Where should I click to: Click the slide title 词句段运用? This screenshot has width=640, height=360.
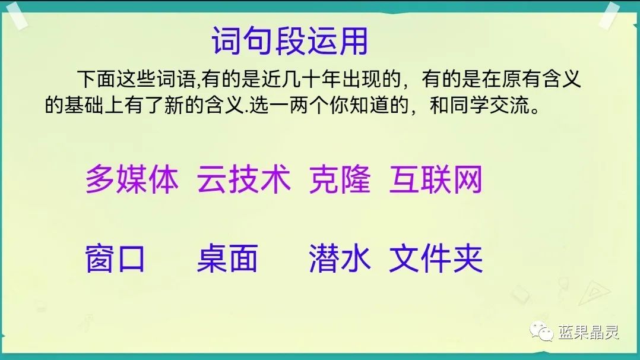290,41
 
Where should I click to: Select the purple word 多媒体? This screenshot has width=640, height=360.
132,179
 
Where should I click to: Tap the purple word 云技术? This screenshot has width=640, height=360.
243,179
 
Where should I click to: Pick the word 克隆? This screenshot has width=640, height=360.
340,179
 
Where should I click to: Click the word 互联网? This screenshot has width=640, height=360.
435,179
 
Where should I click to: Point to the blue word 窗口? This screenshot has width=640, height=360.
116,259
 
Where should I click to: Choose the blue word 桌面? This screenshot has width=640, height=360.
227,259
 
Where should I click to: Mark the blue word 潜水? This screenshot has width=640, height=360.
340,259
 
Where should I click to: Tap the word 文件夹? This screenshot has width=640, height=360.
435,259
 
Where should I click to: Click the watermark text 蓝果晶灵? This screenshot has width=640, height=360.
588,331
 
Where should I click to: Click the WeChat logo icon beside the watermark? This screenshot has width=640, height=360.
541,331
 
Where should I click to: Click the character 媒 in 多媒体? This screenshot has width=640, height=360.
132,179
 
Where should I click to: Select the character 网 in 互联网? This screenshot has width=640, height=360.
467,179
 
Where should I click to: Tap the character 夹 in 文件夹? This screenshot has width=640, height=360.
467,259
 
